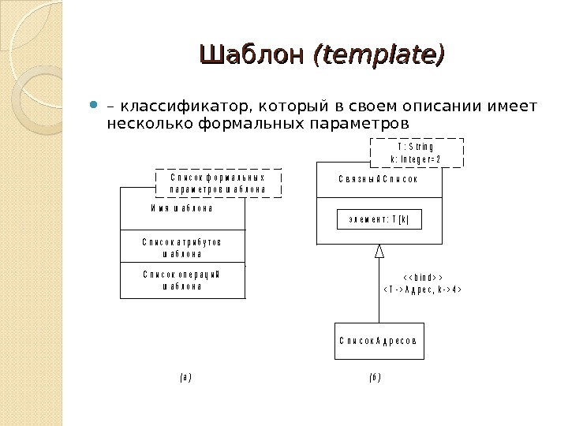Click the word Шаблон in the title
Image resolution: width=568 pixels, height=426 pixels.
(254, 55)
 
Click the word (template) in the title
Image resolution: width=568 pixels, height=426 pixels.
(379, 55)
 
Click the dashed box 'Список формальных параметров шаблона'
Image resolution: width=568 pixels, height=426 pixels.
(218, 183)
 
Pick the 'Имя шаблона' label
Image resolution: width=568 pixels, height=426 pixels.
(182, 209)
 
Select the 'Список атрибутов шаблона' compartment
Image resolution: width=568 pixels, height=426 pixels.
(182, 246)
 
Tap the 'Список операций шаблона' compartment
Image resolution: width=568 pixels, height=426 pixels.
(182, 280)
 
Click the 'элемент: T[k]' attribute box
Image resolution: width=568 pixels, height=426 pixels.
(379, 219)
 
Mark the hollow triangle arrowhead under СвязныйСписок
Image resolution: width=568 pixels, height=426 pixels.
(379, 251)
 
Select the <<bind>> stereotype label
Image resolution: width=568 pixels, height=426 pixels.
(420, 278)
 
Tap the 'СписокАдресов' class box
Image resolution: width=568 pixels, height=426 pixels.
(379, 341)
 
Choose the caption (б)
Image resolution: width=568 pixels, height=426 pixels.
(374, 378)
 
